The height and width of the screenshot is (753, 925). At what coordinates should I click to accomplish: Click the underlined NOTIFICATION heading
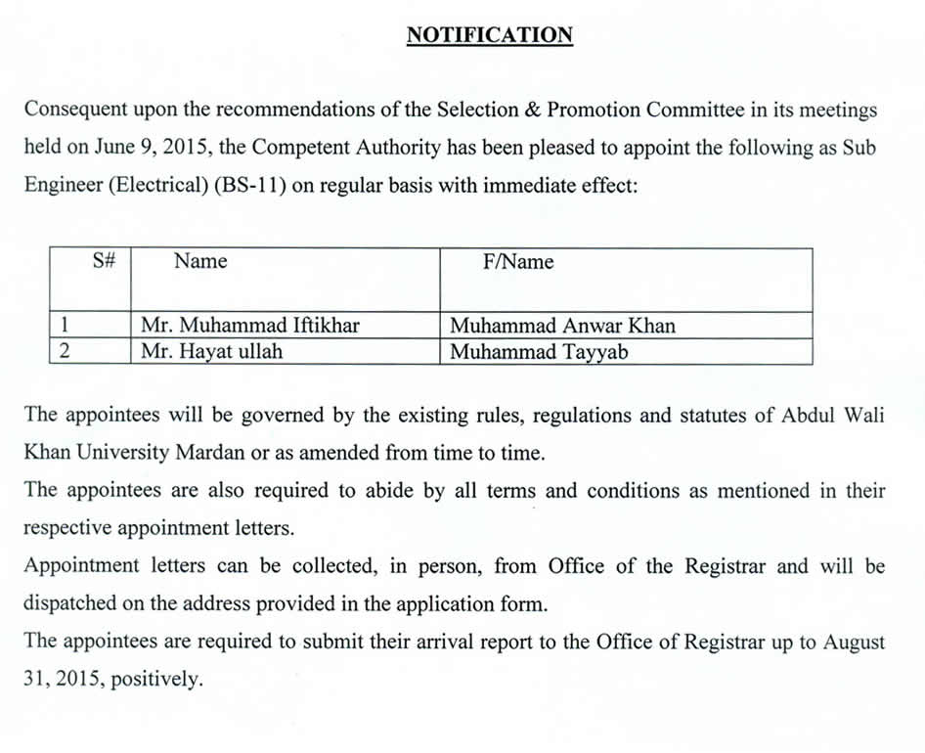tap(489, 35)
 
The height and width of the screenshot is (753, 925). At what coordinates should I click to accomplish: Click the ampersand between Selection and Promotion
tap(533, 110)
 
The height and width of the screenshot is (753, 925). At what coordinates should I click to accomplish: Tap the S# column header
tap(105, 261)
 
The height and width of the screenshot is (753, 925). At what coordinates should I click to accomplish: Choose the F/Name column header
tap(518, 262)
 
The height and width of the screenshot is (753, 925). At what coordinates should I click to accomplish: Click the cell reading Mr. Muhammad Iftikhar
tap(249, 326)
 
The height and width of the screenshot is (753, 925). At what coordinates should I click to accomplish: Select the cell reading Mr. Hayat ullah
tap(211, 352)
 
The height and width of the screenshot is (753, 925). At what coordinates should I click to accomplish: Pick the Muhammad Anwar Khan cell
tap(562, 326)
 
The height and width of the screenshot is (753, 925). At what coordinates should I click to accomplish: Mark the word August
tap(853, 642)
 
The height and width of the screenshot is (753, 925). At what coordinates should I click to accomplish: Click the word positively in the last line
tap(156, 680)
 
